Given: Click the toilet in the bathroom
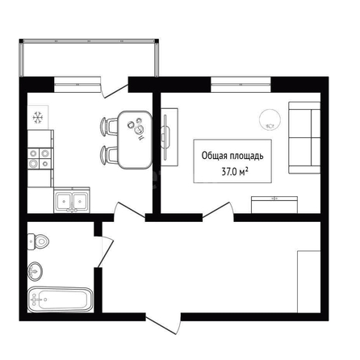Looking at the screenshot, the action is (x=38, y=241).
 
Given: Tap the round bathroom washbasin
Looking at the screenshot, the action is (x=35, y=271).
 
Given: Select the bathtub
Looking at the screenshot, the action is (x=61, y=300).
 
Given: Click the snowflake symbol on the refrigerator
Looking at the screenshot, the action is (x=38, y=118).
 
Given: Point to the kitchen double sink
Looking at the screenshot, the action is (x=72, y=200).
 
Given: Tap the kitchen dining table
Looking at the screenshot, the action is (x=135, y=140).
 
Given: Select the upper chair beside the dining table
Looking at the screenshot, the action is (x=109, y=126).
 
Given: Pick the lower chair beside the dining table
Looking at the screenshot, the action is (x=109, y=155).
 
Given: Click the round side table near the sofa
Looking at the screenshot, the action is (x=270, y=119).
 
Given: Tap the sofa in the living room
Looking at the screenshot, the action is (x=304, y=137).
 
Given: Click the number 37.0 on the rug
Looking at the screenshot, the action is (x=229, y=172).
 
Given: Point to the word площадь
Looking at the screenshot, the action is (x=246, y=156).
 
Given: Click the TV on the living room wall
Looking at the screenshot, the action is (x=166, y=137).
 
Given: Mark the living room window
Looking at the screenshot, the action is (x=241, y=85).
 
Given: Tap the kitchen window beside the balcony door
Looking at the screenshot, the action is (x=77, y=85).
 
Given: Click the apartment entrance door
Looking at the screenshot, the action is (x=164, y=323).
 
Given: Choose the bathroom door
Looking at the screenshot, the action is (x=104, y=252).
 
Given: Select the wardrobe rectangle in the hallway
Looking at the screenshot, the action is (x=309, y=282).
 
